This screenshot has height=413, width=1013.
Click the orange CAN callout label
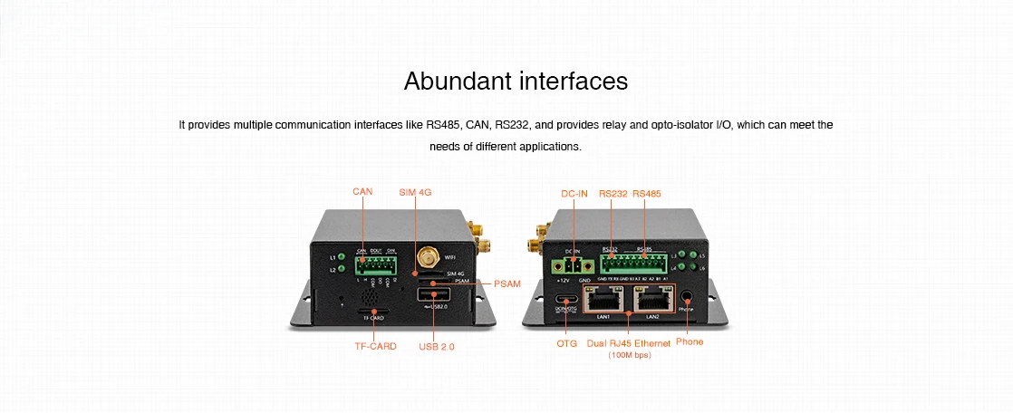pos(362,191)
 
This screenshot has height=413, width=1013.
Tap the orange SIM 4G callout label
pos(414,192)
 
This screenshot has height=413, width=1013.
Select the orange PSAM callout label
pos(507,284)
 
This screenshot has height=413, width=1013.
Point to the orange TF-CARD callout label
pos(375,346)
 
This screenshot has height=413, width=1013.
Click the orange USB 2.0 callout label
pos(437,346)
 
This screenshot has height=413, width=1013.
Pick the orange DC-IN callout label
pos(574,193)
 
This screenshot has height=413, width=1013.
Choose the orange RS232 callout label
pos(613,193)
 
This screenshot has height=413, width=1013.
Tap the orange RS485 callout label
pos(647,193)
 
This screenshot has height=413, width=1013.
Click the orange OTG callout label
pos(566,342)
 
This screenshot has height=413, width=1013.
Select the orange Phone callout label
pos(690,341)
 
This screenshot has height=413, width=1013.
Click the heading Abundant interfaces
pos(516,82)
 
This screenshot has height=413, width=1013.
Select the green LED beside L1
pos(341,256)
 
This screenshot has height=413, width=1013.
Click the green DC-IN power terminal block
pos(571,265)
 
